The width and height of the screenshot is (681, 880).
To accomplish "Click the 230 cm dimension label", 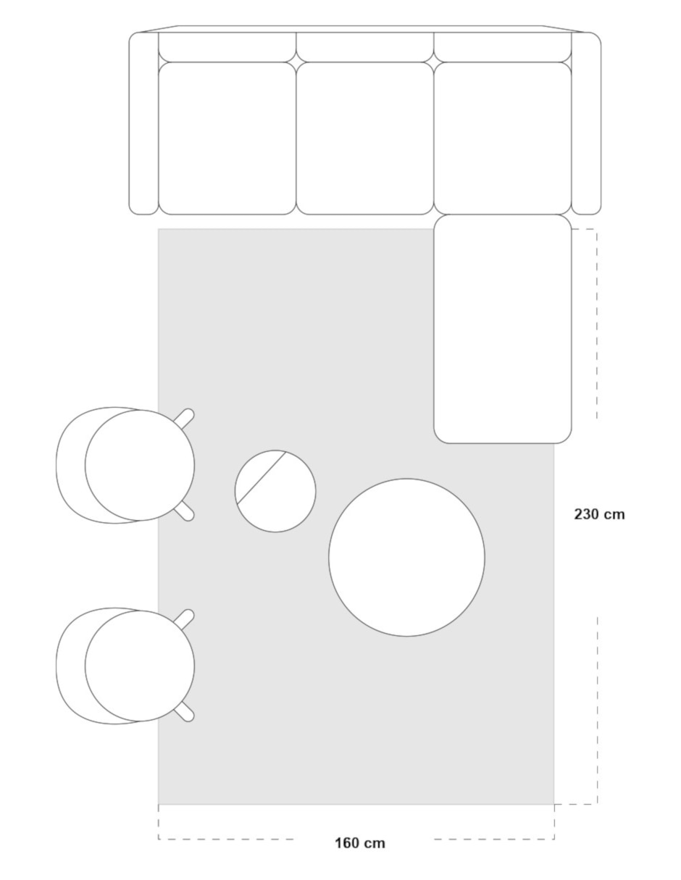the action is point(599,514).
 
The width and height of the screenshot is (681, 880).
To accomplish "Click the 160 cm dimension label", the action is point(360,843).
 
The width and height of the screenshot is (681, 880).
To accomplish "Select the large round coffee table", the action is point(406,557).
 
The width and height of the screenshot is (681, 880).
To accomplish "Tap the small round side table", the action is point(275,491).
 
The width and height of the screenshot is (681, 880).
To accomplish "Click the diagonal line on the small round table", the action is point(262,478).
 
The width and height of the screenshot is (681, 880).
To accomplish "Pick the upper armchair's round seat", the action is point(140,465).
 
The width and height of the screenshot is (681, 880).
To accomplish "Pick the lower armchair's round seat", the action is point(140,666).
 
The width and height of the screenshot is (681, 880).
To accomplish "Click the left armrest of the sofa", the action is point(143,123).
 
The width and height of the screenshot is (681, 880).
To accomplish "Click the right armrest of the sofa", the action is point(586,123).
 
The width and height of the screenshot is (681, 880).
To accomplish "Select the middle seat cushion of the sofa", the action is point(365,138).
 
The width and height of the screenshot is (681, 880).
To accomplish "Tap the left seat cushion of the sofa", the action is point(227,138).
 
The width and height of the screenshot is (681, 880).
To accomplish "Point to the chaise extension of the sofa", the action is point(503,329).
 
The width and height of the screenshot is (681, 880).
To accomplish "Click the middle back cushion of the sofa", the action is point(365,47).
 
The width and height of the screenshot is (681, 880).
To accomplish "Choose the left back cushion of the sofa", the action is point(227,47).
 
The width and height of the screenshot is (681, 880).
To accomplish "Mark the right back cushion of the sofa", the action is point(503,47).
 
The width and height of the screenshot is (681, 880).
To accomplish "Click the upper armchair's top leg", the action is point(184,419).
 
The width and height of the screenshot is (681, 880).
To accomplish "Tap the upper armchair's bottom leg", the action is point(184,511).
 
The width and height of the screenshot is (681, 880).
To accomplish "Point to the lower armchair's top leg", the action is point(184,619).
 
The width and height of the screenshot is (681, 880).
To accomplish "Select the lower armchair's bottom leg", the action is point(184,712).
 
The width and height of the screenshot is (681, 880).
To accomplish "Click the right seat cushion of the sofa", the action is point(503,138).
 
